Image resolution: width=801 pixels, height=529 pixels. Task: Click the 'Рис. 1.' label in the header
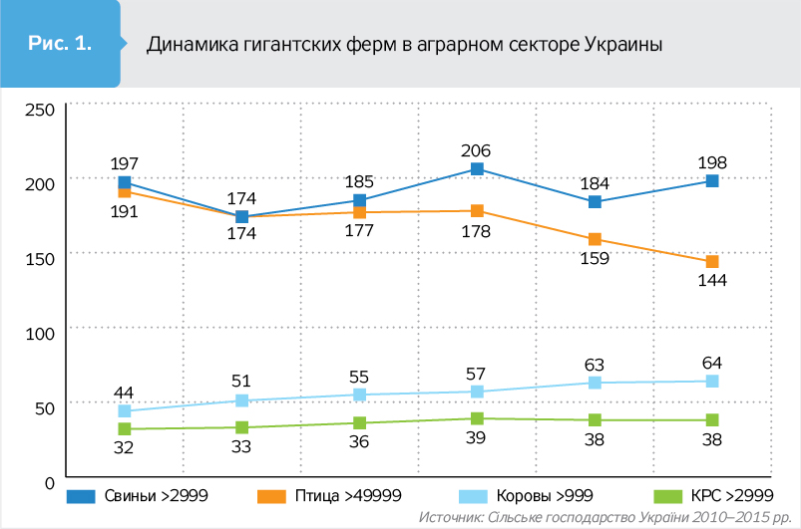[60, 44]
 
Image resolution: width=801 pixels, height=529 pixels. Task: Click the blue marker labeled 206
[477, 169]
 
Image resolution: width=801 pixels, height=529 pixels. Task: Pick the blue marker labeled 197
[125, 182]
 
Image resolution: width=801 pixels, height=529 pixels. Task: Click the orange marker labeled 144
[712, 262]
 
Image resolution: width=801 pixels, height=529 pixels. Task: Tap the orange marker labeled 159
[595, 239]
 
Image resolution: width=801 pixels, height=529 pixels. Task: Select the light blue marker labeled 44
[125, 410]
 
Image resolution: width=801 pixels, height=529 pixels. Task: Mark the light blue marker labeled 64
[712, 382]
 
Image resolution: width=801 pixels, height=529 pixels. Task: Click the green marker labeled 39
[477, 418]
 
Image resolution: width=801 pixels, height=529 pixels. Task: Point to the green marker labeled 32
[125, 429]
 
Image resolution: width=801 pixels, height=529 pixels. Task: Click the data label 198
[712, 161]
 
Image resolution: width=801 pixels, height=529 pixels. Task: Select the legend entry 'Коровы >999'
[517, 495]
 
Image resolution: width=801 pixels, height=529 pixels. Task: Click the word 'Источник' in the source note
[450, 518]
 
